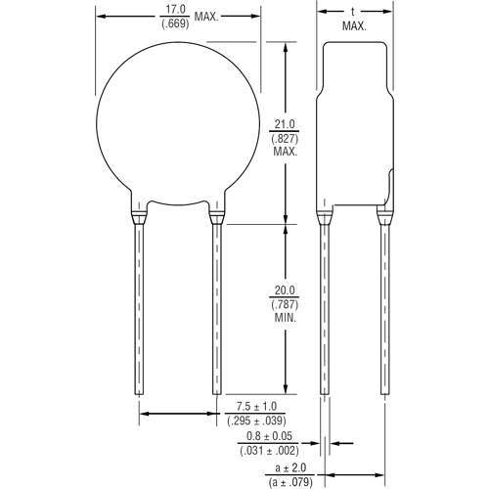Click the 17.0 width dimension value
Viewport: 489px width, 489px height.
pos(179,11)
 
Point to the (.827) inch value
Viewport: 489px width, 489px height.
pos(285,138)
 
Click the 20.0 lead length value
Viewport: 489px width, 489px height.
pos(285,290)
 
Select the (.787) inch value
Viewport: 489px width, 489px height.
pos(285,305)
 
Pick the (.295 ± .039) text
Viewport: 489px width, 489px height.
pos(262,422)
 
